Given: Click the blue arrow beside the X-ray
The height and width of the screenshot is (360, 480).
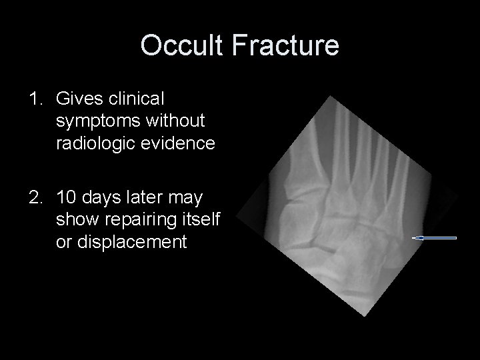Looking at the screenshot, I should [435, 237].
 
